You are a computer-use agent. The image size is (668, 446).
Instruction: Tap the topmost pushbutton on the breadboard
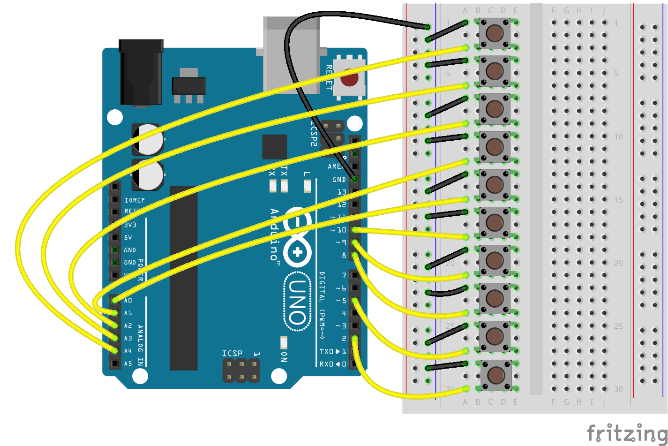495,33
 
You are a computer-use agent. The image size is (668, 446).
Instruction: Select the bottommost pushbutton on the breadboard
495,375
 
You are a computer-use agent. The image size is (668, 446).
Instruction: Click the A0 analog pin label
128,300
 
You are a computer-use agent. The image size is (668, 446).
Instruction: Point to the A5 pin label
128,363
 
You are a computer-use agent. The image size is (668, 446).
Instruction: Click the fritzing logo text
627,432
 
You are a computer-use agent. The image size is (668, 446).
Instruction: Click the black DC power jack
141,73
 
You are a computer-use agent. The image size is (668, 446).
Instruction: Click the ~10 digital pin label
338,230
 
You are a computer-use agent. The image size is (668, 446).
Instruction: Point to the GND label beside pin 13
339,180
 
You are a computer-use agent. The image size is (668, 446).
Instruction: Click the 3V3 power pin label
130,225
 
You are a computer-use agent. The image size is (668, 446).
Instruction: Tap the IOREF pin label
135,200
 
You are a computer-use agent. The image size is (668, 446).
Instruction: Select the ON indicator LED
283,342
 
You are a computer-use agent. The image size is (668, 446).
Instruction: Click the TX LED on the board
284,187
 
